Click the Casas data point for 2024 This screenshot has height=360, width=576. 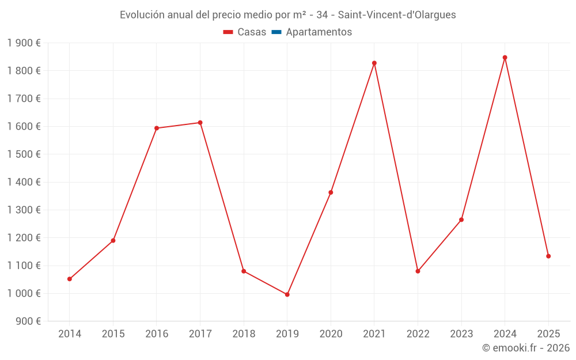[505, 58]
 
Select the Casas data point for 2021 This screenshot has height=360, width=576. [374, 63]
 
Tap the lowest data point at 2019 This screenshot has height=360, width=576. [287, 294]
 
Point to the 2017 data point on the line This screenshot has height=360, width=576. [200, 123]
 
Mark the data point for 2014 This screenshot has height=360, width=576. [70, 279]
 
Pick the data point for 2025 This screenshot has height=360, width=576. [548, 256]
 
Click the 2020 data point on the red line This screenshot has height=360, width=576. [331, 192]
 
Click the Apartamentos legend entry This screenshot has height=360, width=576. [319, 32]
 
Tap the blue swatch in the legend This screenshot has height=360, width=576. [276, 32]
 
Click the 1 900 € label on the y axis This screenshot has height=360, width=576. [24, 43]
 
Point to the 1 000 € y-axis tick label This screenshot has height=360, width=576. [24, 293]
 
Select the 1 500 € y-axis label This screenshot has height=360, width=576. [24, 154]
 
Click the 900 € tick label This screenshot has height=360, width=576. [27, 321]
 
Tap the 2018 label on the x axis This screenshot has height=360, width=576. [244, 334]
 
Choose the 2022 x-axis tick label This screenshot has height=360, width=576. [418, 334]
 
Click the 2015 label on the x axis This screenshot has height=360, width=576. [113, 334]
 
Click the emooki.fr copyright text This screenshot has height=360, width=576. [525, 348]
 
